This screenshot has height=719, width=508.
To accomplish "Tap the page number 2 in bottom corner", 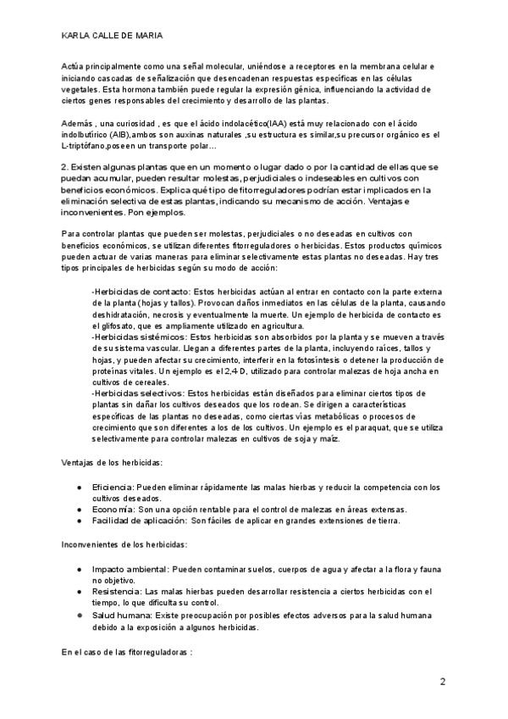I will [x=443, y=682].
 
